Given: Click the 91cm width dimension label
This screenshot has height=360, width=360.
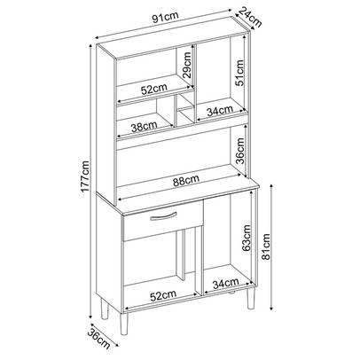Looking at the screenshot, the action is [166, 18].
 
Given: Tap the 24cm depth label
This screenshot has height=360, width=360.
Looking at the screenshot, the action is [250, 17].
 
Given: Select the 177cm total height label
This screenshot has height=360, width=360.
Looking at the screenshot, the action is [86, 176].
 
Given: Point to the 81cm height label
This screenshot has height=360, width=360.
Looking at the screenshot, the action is [266, 247].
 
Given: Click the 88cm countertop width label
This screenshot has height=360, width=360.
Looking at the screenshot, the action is [186, 179].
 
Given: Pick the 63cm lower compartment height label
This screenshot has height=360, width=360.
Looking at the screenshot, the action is [247, 238].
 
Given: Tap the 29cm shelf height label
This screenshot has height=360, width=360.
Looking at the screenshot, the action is [187, 65].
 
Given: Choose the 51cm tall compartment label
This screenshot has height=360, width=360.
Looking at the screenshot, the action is [239, 73].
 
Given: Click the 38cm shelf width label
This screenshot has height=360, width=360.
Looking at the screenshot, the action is [144, 127].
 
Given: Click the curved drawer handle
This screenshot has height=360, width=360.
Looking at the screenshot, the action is [163, 216].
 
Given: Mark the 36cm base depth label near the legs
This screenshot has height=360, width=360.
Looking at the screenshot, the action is [99, 339].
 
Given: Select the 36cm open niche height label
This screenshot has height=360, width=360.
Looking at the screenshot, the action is [240, 151].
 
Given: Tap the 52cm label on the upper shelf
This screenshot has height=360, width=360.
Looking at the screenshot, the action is [154, 89].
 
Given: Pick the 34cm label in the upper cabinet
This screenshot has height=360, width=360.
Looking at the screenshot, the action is [220, 111].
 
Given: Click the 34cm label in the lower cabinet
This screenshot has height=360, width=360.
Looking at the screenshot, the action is [225, 284].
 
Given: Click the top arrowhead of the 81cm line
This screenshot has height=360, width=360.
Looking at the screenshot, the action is [271, 186].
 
